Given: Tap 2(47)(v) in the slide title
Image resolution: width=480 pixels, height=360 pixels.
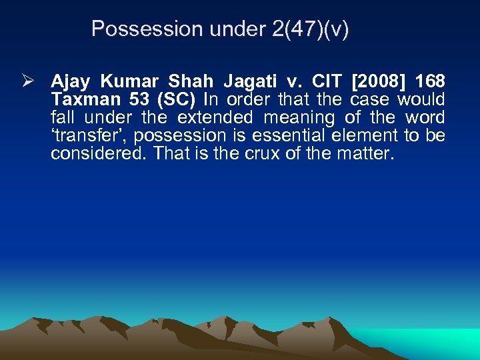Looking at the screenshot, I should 310,29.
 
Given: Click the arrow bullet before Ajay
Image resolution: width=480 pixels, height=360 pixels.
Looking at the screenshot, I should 26,81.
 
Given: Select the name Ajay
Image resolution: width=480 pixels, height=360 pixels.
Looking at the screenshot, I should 71,82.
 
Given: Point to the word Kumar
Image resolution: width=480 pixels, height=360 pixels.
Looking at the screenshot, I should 129,82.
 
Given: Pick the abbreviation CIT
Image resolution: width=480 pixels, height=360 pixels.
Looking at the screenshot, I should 327,82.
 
